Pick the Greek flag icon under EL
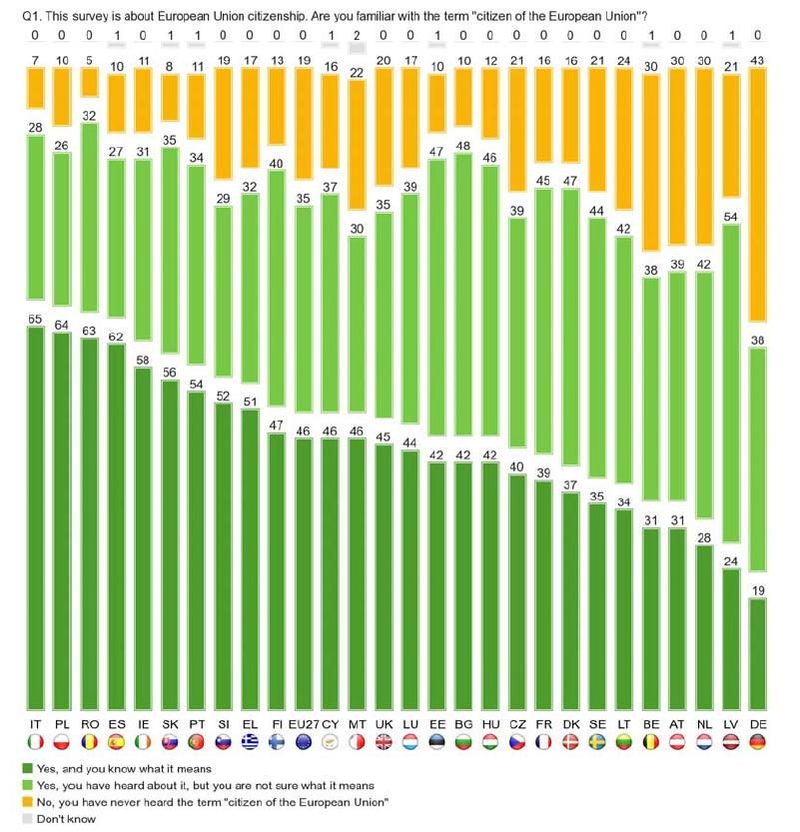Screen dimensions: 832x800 (x=250, y=742)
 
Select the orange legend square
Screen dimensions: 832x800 (x=26, y=800)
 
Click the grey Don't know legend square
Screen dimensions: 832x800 (x=26, y=816)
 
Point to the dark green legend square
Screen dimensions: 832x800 (x=26, y=768)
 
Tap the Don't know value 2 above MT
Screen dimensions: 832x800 (x=358, y=35)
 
